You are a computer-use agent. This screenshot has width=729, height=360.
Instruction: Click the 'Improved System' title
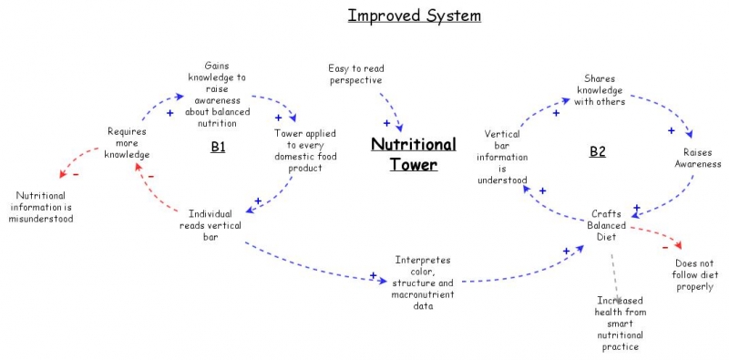click(414, 15)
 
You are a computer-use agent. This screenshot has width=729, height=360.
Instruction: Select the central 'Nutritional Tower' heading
click(414, 154)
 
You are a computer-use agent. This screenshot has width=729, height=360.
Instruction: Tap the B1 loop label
click(218, 146)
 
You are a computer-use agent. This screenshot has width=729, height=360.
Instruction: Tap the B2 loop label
click(597, 151)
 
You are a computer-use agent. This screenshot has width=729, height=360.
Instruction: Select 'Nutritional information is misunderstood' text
click(45, 206)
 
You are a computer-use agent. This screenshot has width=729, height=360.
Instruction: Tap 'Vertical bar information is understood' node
click(502, 157)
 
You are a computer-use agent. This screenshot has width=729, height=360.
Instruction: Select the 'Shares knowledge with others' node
click(599, 89)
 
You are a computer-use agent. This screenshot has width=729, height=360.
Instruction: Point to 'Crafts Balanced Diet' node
click(607, 225)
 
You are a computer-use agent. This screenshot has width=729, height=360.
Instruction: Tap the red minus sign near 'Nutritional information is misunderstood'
click(75, 174)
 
